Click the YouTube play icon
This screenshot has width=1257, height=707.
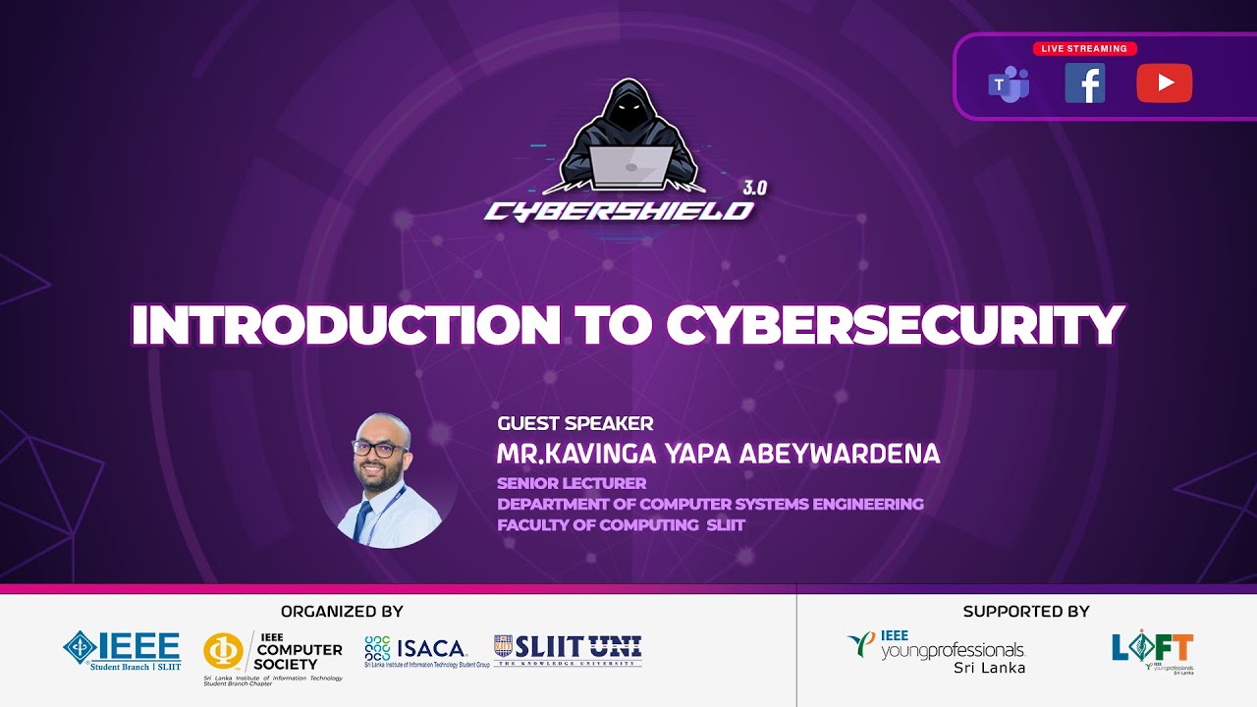pyautogui.click(x=1164, y=83)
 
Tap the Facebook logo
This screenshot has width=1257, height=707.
pyautogui.click(x=1085, y=83)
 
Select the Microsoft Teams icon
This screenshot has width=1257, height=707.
pyautogui.click(x=1008, y=84)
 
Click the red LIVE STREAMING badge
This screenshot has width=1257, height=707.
pyautogui.click(x=1085, y=48)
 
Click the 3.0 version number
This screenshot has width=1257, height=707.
pyautogui.click(x=754, y=188)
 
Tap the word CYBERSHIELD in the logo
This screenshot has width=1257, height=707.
pyautogui.click(x=619, y=210)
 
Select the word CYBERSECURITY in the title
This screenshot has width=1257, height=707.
pyautogui.click(x=895, y=325)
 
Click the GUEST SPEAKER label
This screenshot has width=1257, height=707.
pyautogui.click(x=574, y=424)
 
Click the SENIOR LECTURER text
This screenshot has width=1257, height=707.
pyautogui.click(x=572, y=483)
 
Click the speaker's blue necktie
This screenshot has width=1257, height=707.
pyautogui.click(x=363, y=521)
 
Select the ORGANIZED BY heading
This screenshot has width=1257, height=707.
pyautogui.click(x=342, y=611)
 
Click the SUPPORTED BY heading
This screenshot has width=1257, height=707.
pyautogui.click(x=1026, y=611)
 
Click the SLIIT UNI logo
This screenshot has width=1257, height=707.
pyautogui.click(x=568, y=649)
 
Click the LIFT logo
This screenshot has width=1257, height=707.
pyautogui.click(x=1153, y=650)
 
